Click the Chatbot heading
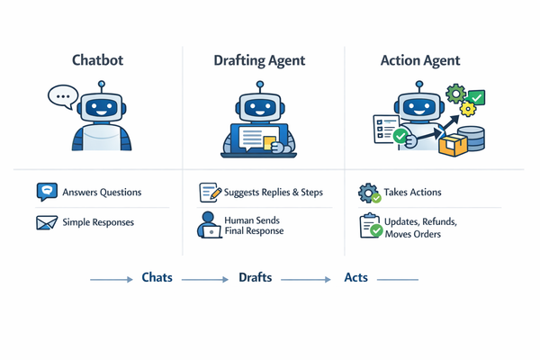click(x=99, y=60)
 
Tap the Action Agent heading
click(x=418, y=60)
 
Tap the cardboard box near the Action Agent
click(x=453, y=143)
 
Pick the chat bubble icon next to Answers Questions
click(x=47, y=192)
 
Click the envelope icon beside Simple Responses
click(x=47, y=222)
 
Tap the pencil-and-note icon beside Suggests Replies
click(x=210, y=192)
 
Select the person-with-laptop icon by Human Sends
click(x=210, y=225)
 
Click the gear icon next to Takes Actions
click(x=369, y=193)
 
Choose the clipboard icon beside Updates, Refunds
click(x=369, y=226)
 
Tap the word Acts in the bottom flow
click(x=356, y=278)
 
